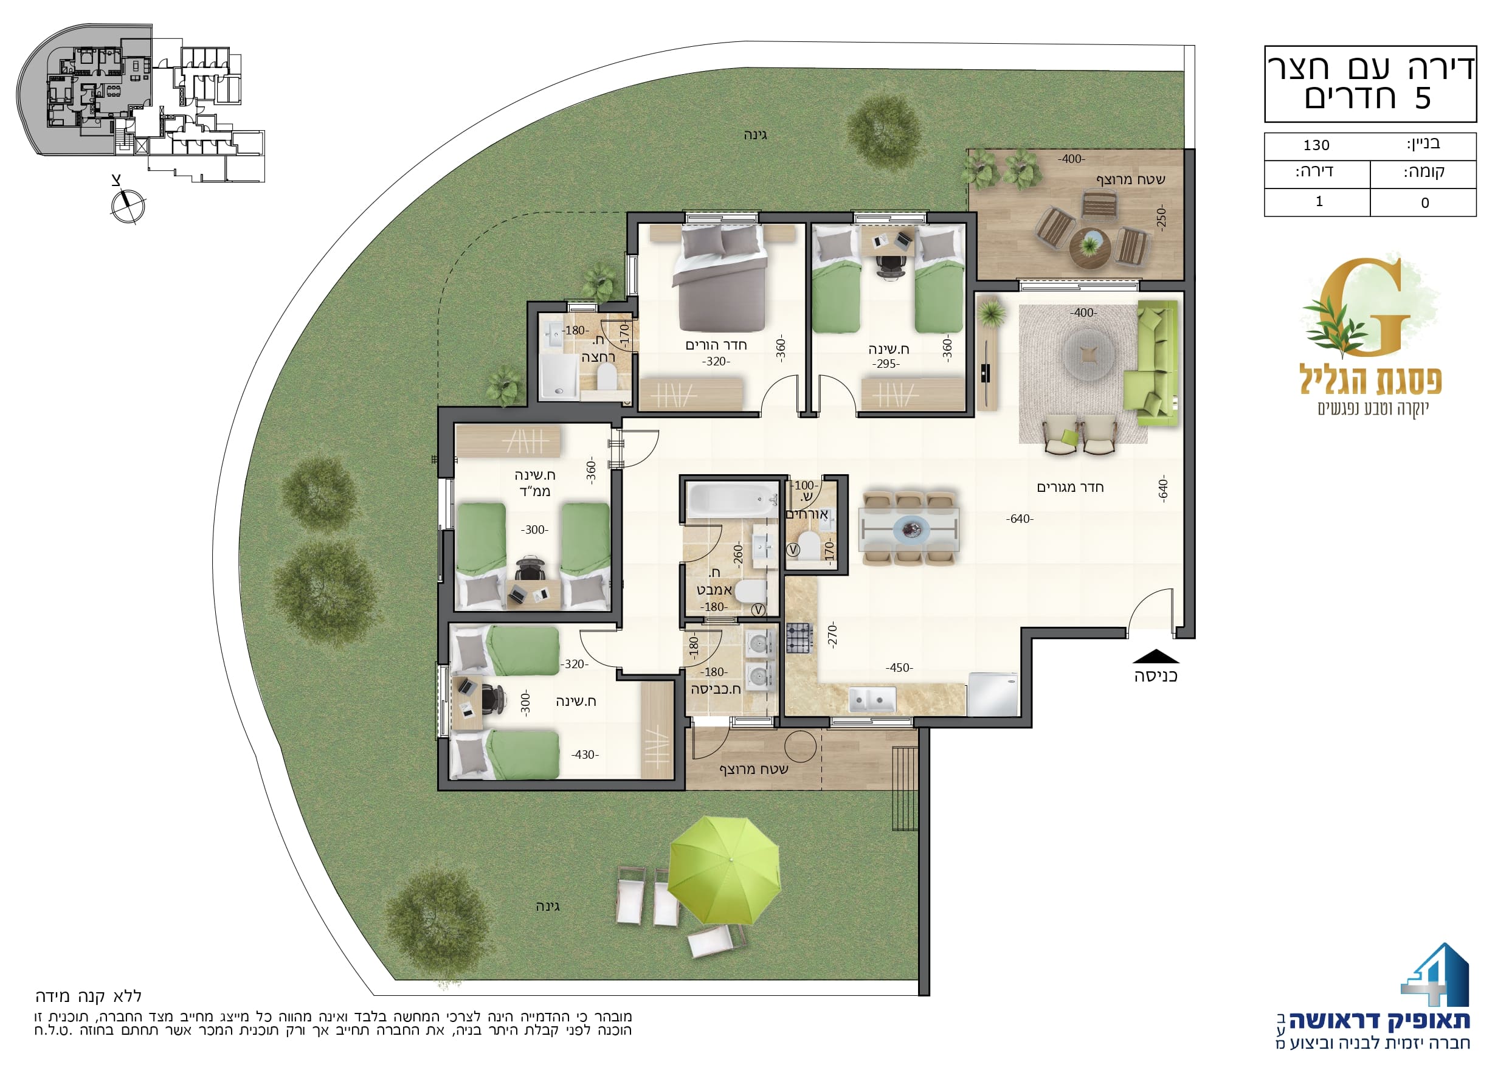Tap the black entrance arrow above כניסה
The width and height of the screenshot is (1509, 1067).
(x=1155, y=656)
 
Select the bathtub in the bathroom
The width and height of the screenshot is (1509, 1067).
(x=731, y=500)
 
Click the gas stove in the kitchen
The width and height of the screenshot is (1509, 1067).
(x=800, y=637)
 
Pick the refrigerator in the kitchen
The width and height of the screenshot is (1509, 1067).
(x=992, y=694)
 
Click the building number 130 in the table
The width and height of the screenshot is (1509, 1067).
(x=1316, y=145)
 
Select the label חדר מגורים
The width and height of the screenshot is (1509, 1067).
(x=1070, y=487)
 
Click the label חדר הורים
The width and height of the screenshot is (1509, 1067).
(x=716, y=345)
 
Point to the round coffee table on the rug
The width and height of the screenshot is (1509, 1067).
(x=1088, y=354)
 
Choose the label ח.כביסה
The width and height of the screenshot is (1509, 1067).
(x=716, y=689)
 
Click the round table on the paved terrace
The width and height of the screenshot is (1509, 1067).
(x=1089, y=249)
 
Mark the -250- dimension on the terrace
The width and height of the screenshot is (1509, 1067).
(x=1161, y=218)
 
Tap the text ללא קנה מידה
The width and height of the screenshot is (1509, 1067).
(x=89, y=996)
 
